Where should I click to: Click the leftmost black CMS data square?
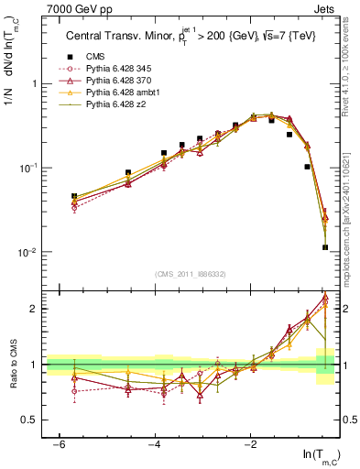(x=74, y=196)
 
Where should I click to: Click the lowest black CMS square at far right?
(x=325, y=247)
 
